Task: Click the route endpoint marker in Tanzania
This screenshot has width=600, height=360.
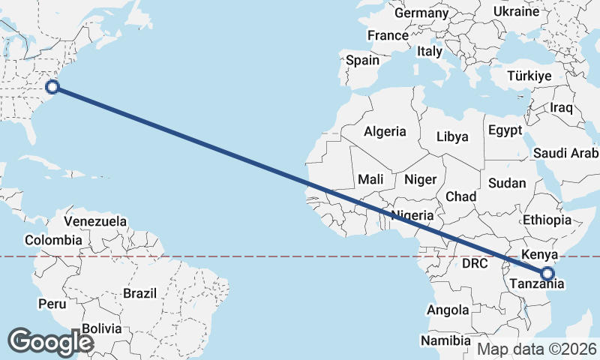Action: pyautogui.click(x=547, y=274)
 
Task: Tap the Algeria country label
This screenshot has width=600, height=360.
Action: pyautogui.click(x=385, y=132)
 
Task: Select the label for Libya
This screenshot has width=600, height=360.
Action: pyautogui.click(x=452, y=136)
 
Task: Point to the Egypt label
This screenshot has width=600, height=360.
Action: pyautogui.click(x=505, y=130)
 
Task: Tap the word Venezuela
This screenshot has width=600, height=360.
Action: pyautogui.click(x=95, y=221)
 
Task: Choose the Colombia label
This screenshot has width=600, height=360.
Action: pyautogui.click(x=52, y=240)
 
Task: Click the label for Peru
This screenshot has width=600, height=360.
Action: pyautogui.click(x=52, y=304)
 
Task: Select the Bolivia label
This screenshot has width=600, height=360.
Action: pyautogui.click(x=101, y=328)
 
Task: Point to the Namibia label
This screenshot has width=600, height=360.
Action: pyautogui.click(x=445, y=340)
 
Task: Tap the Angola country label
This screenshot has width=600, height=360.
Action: pyautogui.click(x=448, y=310)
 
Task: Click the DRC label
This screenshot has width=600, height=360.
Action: pyautogui.click(x=475, y=264)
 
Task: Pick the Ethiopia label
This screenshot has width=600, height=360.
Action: pyautogui.click(x=547, y=220)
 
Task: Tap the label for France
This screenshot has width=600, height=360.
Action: pyautogui.click(x=388, y=35)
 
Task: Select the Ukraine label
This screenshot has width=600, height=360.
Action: pyautogui.click(x=516, y=11)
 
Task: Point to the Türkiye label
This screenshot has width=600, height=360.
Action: pyautogui.click(x=529, y=76)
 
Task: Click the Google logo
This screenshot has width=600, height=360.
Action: pyautogui.click(x=50, y=341)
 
